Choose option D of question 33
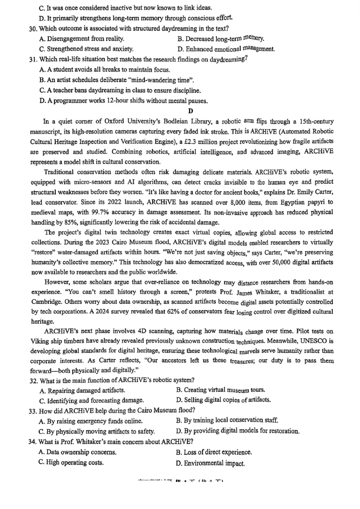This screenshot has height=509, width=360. coord(238,431)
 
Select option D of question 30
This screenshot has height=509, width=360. coord(226,49)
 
